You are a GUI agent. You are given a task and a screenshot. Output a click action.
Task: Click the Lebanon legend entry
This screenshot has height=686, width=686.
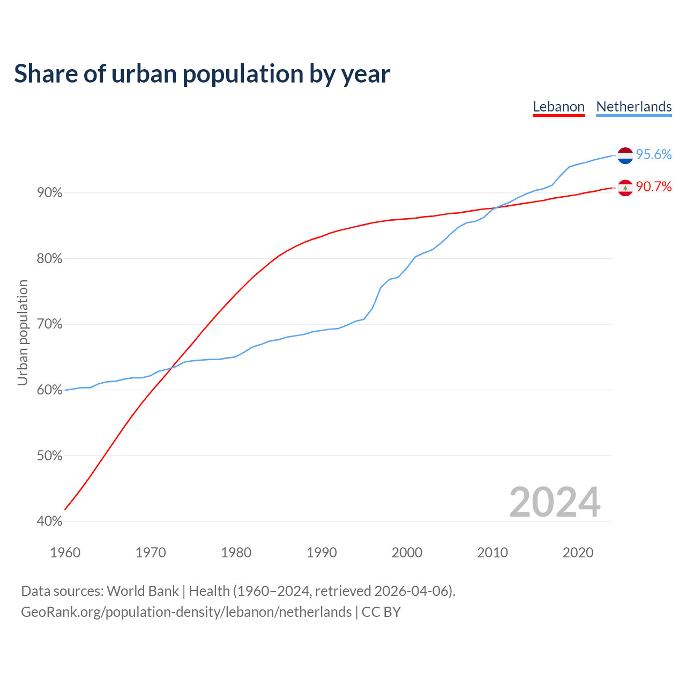pyautogui.click(x=558, y=107)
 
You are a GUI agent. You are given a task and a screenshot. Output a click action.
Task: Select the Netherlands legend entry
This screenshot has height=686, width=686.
pyautogui.click(x=634, y=107)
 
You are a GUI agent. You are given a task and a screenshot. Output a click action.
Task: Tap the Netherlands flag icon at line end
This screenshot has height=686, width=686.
pyautogui.click(x=625, y=155)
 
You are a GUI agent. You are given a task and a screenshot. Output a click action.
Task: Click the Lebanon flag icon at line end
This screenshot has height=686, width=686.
pyautogui.click(x=625, y=188)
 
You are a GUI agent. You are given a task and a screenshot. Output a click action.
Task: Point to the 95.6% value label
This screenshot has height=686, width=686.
pyautogui.click(x=654, y=155)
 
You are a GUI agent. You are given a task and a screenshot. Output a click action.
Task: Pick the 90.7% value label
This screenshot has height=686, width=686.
pyautogui.click(x=654, y=187)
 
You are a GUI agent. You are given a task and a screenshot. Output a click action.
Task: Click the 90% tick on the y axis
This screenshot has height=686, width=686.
pyautogui.click(x=50, y=193)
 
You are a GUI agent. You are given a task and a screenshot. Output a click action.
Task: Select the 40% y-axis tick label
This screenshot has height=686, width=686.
pyautogui.click(x=50, y=521)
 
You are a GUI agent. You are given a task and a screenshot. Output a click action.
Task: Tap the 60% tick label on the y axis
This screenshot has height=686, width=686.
pyautogui.click(x=50, y=390)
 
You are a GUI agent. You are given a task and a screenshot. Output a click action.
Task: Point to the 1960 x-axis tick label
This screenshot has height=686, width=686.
pyautogui.click(x=65, y=553)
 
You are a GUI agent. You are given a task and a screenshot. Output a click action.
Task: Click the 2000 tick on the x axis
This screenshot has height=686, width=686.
pyautogui.click(x=407, y=553)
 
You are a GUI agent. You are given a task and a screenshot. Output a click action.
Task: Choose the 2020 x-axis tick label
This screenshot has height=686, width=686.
pyautogui.click(x=578, y=553)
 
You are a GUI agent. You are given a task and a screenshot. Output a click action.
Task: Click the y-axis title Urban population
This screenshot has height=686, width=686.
pyautogui.click(x=23, y=332)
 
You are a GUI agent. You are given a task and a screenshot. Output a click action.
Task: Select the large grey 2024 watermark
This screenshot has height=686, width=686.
pyautogui.click(x=555, y=502)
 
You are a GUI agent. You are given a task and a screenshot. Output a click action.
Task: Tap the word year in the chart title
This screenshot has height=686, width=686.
pyautogui.click(x=367, y=74)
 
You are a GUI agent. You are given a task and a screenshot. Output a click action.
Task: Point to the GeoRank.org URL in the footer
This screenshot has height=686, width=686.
pyautogui.click(x=186, y=612)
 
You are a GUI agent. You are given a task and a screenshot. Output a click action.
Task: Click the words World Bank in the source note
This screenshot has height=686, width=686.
pyautogui.click(x=143, y=591)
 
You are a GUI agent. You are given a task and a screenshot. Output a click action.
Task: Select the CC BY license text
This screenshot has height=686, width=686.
pyautogui.click(x=381, y=612)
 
